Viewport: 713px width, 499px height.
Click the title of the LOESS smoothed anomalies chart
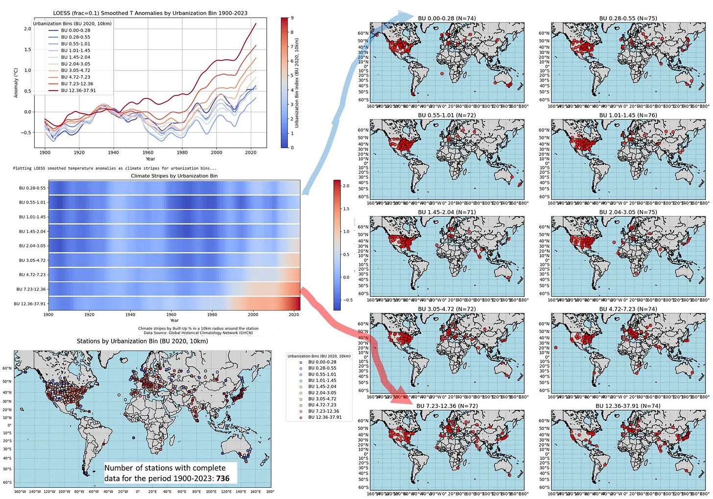click(150, 13)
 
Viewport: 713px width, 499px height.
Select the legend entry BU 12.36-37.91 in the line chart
click(78, 91)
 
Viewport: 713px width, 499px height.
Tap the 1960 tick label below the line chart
click(148, 152)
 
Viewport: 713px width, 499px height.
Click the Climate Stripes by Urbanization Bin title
click(174, 176)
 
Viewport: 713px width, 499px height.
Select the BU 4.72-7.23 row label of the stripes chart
click(32, 275)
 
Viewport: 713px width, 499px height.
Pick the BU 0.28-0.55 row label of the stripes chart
click(32, 188)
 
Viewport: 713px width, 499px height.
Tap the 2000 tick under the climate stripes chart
click(253, 314)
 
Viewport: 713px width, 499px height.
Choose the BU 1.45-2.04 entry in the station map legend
click(322, 387)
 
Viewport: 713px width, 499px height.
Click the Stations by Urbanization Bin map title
click(142, 341)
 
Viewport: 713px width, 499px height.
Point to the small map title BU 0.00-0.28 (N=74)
click(447, 19)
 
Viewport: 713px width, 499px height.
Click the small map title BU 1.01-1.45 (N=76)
click(628, 116)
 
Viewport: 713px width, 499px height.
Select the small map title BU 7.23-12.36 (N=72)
click(447, 406)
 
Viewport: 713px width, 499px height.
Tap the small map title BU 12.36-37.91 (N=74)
click(628, 406)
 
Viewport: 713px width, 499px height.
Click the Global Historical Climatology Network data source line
click(198, 333)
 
